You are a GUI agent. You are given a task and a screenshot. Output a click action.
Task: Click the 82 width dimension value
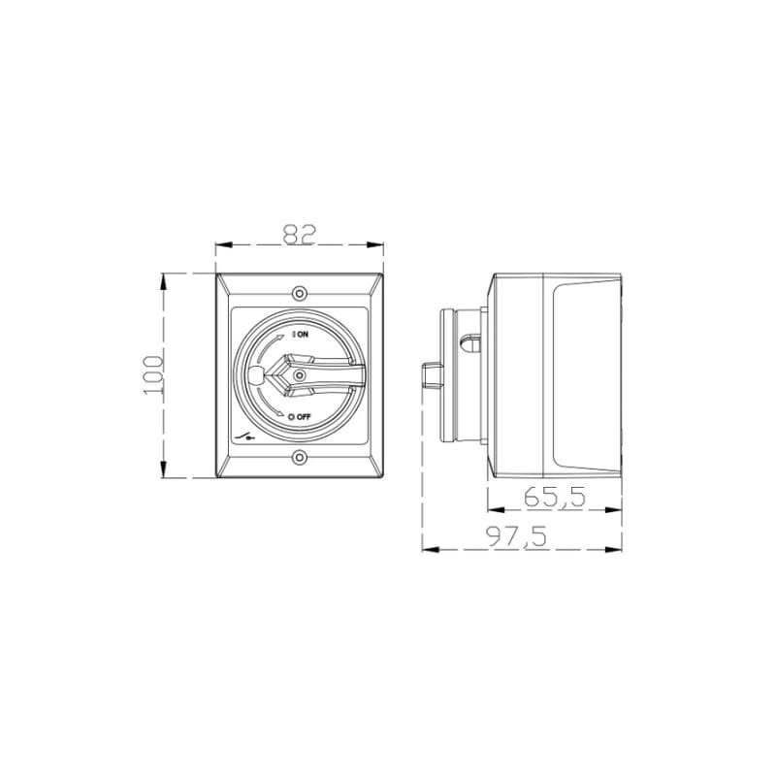(x=299, y=234)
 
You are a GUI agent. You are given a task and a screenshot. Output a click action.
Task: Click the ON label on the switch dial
(x=302, y=333)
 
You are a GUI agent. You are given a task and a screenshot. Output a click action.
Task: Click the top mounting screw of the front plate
(x=300, y=292)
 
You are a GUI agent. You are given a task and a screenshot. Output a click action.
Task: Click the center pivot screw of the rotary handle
(x=300, y=374)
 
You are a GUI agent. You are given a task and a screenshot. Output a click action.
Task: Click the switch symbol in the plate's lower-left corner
(x=246, y=436)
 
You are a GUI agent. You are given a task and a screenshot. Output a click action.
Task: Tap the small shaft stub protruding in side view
(x=431, y=373)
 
